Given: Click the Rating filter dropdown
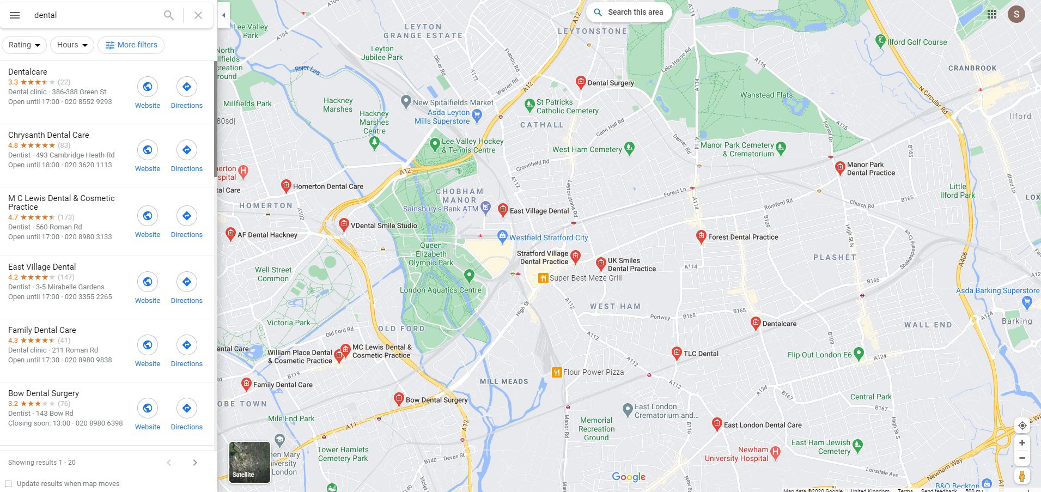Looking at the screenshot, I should click(x=25, y=45).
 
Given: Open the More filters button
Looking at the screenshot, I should click(x=131, y=45).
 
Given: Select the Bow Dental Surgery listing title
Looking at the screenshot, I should click(x=44, y=393).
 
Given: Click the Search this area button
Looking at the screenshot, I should click(x=629, y=12).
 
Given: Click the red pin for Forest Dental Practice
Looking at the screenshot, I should click(x=701, y=236).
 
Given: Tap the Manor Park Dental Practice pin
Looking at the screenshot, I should click(x=840, y=167).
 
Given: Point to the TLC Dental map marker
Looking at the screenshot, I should click(x=677, y=353).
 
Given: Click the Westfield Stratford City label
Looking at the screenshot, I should click(x=548, y=238).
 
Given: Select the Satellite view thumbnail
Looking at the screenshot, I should click(x=249, y=462).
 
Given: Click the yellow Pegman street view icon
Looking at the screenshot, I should click(x=1022, y=476).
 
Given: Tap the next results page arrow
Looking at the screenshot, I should click(x=195, y=463).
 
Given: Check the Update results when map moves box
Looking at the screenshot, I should click(x=8, y=484).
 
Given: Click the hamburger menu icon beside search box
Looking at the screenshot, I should click(x=15, y=15).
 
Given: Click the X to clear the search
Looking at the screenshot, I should click(x=198, y=15).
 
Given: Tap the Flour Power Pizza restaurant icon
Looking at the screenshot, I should click(x=557, y=373).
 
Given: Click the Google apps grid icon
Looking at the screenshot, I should click(x=992, y=14).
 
